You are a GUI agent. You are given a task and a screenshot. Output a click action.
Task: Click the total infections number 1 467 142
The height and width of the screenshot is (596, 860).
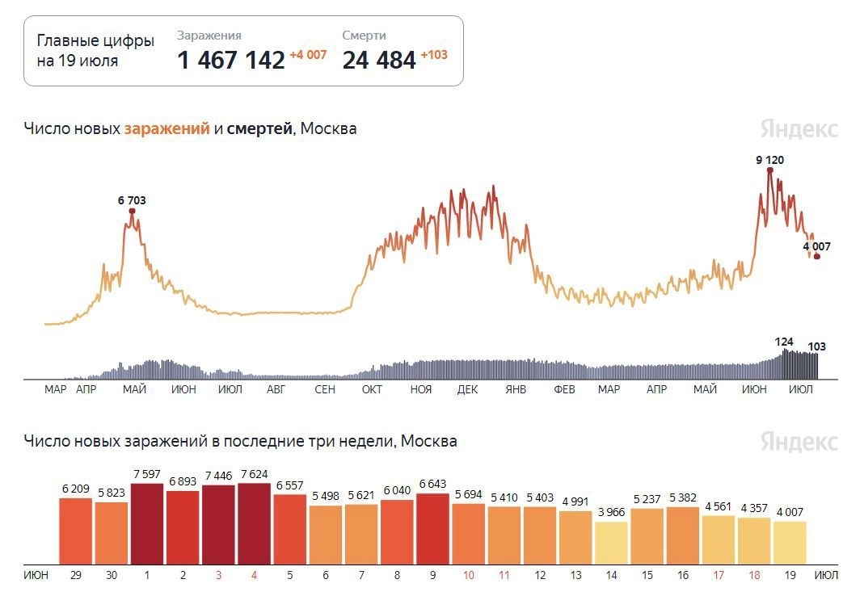point(230,60)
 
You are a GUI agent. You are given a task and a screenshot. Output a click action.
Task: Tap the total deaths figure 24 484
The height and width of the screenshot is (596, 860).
point(379,60)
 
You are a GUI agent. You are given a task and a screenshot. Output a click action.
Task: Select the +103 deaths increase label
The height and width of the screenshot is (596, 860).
point(434,55)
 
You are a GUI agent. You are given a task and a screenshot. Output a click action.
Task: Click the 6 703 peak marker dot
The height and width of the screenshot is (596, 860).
point(132,212)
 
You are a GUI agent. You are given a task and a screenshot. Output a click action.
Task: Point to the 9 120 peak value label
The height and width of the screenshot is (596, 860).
point(769,160)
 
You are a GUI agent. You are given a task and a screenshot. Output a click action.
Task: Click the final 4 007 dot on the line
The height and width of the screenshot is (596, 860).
point(817,257)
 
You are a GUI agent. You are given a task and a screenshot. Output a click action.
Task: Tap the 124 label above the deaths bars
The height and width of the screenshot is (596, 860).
point(784,342)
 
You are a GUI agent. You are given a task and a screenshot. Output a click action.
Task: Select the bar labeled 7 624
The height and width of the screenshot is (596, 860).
point(254,524)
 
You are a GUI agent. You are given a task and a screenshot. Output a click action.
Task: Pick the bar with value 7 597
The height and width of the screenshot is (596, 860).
point(147,524)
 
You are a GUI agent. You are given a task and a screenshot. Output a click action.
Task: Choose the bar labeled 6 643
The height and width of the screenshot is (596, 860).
point(432,529)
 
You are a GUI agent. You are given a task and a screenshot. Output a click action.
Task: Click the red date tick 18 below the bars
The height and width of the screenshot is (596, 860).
point(754,576)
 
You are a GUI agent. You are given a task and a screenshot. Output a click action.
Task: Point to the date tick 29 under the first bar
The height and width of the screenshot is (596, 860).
point(76,576)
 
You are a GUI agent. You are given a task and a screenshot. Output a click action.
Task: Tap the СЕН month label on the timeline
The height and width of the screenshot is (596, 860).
point(324,390)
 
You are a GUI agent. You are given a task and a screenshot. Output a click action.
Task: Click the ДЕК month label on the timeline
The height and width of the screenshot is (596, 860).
point(467,390)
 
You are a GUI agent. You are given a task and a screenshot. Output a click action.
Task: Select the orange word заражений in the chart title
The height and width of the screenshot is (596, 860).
point(167,128)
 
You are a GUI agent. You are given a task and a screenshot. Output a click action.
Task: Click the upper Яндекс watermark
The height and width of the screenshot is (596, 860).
point(799,129)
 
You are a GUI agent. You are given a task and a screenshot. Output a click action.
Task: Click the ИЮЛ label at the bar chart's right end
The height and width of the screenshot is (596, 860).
point(826,576)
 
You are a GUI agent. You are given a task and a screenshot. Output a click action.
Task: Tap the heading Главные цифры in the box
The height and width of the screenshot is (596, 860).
point(95,42)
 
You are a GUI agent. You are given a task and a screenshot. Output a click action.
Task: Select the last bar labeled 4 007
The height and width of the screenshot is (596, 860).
point(790,543)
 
